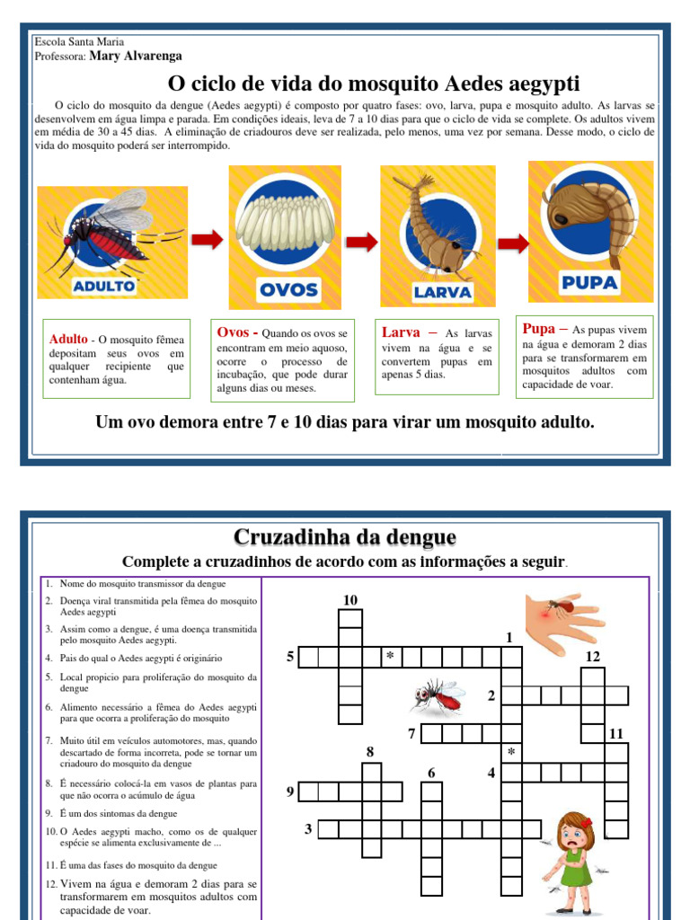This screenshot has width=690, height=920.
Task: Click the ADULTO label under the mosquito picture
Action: [104, 286]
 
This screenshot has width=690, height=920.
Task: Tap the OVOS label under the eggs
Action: [288, 288]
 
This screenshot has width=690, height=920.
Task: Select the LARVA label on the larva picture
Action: [442, 292]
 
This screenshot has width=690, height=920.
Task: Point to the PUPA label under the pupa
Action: [589, 283]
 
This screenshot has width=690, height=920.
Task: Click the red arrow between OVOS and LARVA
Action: [362, 242]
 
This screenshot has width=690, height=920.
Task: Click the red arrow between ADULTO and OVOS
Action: [208, 239]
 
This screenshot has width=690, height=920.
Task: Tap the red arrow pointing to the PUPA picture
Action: [513, 242]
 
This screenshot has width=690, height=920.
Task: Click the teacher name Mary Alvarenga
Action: [135, 56]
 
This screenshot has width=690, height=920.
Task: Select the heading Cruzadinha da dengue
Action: [345, 537]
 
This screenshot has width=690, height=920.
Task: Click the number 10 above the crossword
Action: [350, 600]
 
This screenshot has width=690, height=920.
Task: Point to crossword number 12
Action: [592, 657]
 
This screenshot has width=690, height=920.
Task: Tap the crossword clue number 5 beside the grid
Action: [290, 657]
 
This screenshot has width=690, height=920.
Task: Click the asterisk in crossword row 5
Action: [390, 658]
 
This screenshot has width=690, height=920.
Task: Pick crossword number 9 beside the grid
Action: [290, 792]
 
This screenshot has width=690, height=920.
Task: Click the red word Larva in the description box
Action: [401, 332]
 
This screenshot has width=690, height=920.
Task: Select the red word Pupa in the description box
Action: [539, 329]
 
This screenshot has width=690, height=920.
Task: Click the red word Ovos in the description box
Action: [234, 332]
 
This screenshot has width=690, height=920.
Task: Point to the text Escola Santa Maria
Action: [79, 42]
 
